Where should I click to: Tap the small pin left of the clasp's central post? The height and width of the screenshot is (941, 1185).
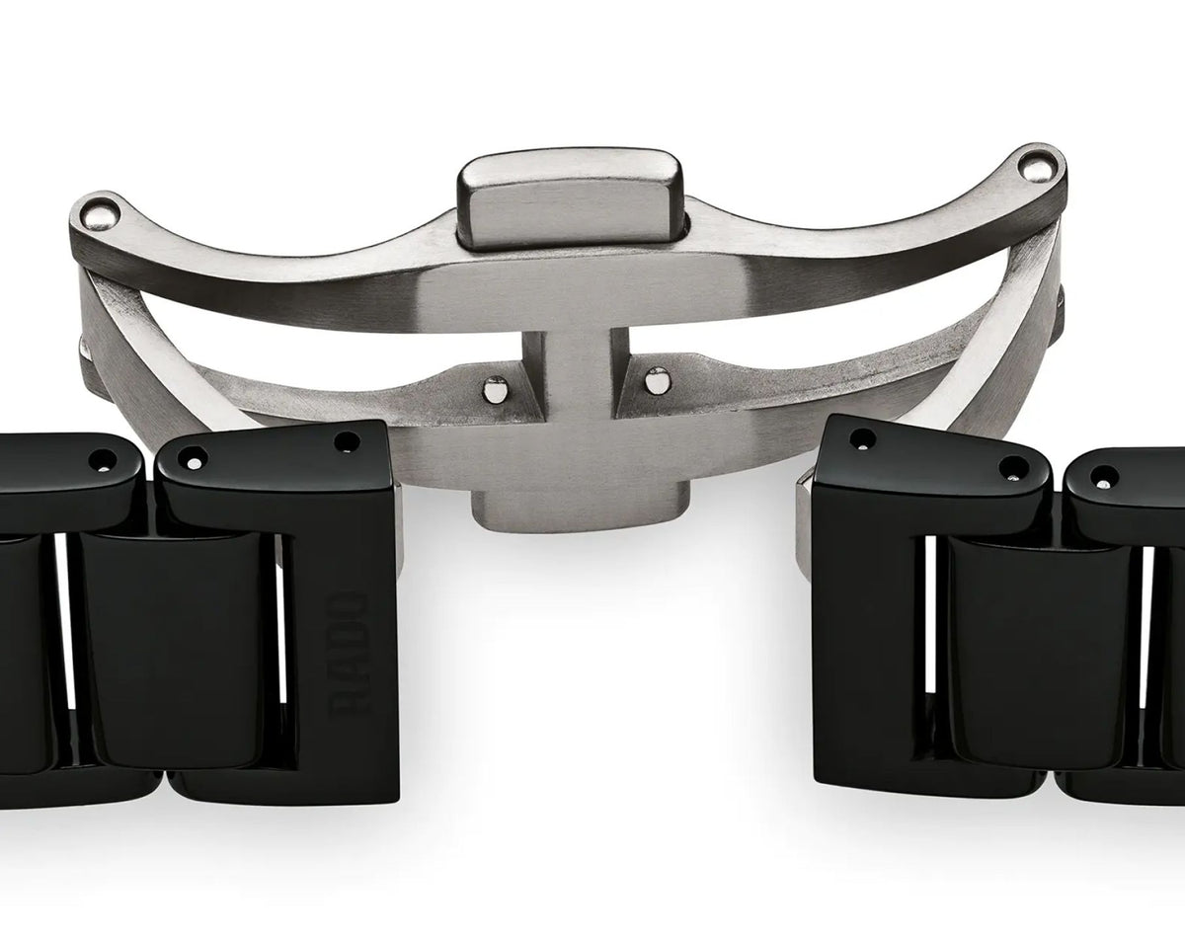click(x=493, y=389)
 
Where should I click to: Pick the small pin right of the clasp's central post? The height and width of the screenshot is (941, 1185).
click(x=657, y=381)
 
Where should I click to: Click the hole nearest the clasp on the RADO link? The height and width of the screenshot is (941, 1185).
click(x=348, y=441)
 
